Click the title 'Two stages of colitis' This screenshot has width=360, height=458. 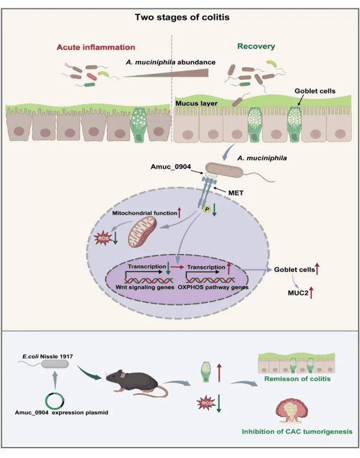pos(182,17)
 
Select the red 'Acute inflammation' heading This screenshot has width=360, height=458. pos(96,47)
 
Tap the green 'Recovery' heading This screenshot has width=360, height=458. pos(256,46)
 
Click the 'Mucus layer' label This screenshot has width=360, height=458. pos(196,103)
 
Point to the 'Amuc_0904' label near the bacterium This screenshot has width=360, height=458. pos(170,166)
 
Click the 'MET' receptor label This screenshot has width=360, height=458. pos(236,193)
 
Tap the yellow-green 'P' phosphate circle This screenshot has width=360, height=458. pos(207,209)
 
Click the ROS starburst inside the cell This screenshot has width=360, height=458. pos(103,239)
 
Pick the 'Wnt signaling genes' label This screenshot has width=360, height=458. pos(145,287)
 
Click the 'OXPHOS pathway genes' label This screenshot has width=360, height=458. pos(213,287)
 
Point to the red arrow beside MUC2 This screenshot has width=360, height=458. pos(311,293)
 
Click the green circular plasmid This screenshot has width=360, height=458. pos(55,401)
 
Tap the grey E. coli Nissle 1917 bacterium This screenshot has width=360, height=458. pos(55,364)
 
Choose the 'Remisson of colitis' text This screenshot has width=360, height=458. pos(297,379)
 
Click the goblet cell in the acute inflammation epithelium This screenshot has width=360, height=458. pos(139,125)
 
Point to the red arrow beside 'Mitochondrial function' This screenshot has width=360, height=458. pos(179,212)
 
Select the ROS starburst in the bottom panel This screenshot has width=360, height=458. pos(206,403)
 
